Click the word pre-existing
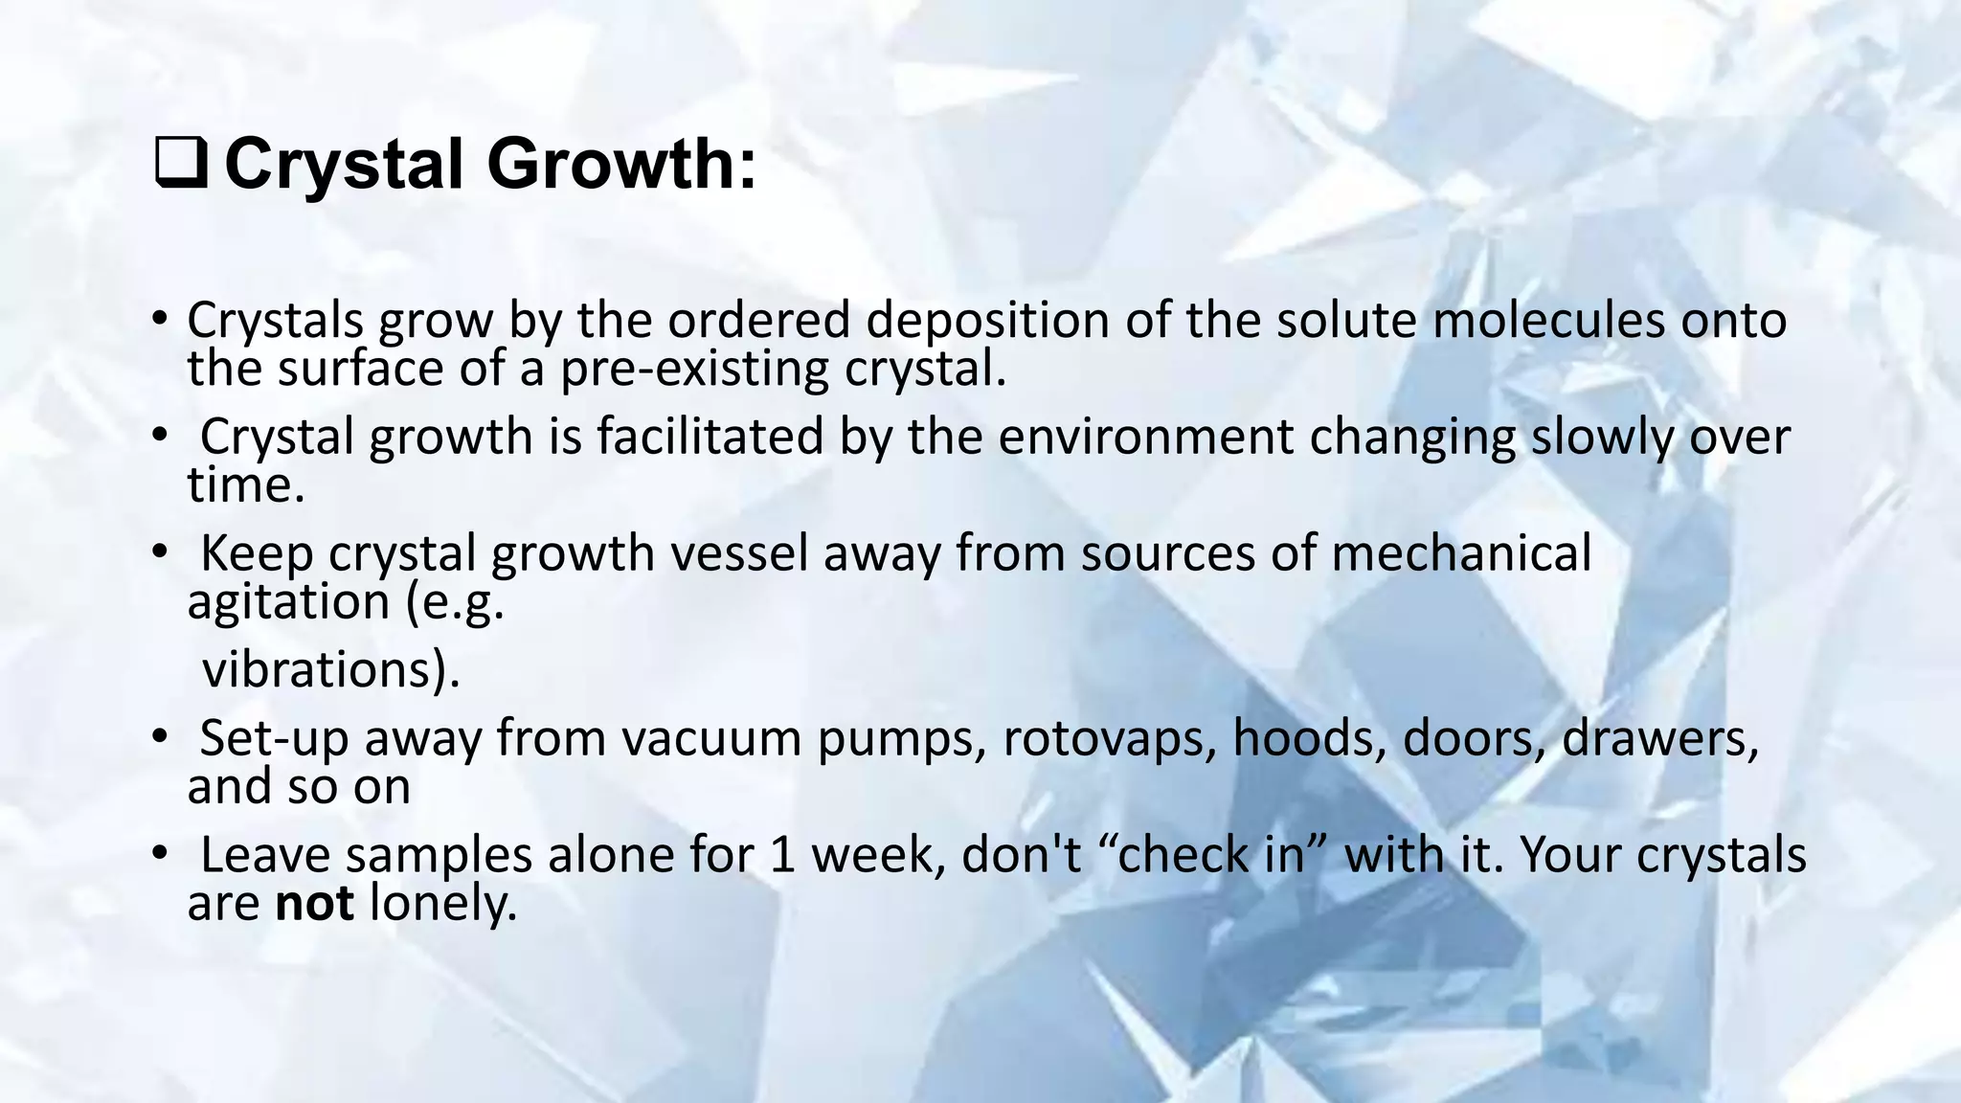point(693,369)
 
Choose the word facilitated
point(710,437)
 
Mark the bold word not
point(314,903)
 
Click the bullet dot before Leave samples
point(159,852)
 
